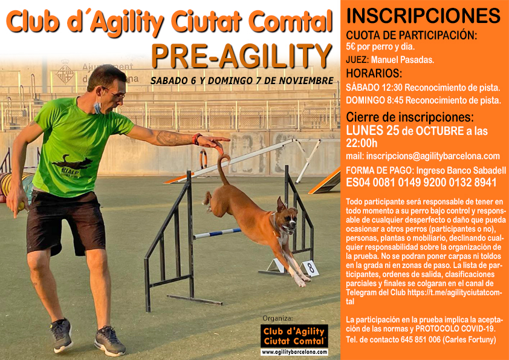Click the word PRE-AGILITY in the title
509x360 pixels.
(x=242, y=56)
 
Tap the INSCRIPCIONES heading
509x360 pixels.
(x=423, y=16)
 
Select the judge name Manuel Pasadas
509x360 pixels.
(x=402, y=60)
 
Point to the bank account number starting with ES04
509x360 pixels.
(x=421, y=182)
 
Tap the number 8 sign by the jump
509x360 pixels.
(x=311, y=268)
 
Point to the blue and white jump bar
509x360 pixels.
(x=217, y=233)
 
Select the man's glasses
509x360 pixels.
(x=114, y=93)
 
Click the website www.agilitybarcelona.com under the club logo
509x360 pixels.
(x=294, y=352)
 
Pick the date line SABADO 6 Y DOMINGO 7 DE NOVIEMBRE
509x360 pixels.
(x=242, y=80)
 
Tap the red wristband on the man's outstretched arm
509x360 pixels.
(x=196, y=139)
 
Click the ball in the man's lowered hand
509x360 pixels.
(x=21, y=206)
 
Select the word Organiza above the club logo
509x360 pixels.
(x=277, y=318)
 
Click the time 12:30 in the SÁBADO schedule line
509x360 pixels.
(x=392, y=88)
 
